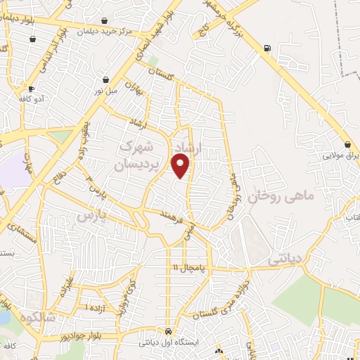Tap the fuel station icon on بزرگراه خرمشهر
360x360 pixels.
click(x=266, y=49)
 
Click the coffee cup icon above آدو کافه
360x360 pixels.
click(x=32, y=89)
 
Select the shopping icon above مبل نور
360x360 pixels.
click(x=105, y=80)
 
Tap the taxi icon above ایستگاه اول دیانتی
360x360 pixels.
click(x=168, y=331)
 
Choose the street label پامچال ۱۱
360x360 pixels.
click(x=190, y=268)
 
